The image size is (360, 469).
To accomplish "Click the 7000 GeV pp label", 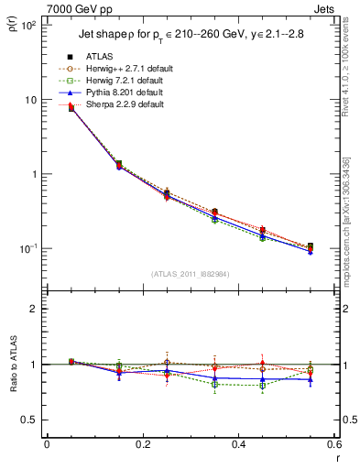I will (80, 8).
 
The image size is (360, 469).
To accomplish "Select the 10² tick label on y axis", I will (29, 26).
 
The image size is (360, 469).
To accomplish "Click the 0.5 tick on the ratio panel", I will (29, 420).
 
